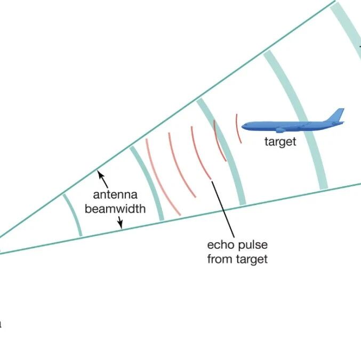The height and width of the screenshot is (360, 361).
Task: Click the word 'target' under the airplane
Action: point(280,142)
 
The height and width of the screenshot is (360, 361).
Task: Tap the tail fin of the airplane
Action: point(336,115)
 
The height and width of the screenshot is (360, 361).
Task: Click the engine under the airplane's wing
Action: point(280,130)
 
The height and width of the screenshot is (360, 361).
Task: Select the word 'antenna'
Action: point(115,195)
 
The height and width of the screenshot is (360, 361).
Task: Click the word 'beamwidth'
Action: point(115,209)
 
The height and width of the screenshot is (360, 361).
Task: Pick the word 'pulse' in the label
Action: point(253,246)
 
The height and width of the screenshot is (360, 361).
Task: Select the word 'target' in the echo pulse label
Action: point(252,259)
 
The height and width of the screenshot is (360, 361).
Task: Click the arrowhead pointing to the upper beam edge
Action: point(100,173)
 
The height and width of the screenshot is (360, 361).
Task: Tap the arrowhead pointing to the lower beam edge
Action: point(120,225)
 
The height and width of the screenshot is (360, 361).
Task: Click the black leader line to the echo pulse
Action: point(223,209)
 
